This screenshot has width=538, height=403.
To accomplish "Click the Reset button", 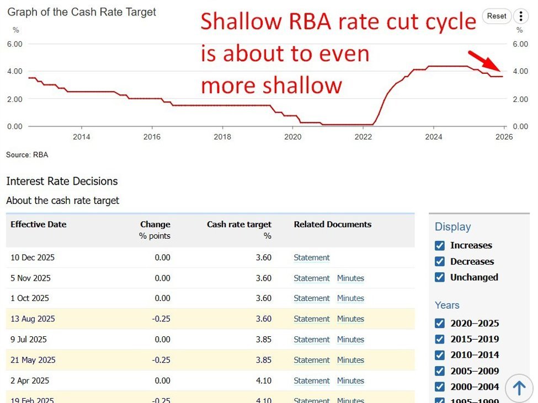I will coord(497,16).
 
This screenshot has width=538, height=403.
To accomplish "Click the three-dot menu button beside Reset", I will coord(520,16).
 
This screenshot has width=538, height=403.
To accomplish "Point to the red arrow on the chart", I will coord(484,60).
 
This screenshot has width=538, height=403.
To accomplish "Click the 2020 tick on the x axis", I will coord(292,137).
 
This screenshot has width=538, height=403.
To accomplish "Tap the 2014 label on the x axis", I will coord(81,137).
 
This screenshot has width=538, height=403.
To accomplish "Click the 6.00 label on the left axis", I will coord(14,44).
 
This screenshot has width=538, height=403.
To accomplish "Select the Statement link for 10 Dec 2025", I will coord(311,257).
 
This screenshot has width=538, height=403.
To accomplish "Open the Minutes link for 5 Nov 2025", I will coord(350,278).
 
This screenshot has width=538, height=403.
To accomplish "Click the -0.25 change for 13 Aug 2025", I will coord(162,319).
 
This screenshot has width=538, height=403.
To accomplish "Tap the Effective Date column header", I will coord(38,224).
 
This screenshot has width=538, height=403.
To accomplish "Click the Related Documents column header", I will coord(332,224).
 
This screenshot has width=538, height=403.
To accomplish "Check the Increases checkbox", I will coord(440,245).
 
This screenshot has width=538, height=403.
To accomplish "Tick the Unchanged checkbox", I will coord(440,277).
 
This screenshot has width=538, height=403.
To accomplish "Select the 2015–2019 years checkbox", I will coord(440,339).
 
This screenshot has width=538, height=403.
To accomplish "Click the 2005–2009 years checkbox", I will coord(440,371).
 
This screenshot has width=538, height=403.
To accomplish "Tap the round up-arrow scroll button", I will coord(519,388).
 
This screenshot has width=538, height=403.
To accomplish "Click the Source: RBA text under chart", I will coord(27,155).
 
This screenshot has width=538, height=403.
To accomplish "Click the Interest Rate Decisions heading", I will coord(62,181).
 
